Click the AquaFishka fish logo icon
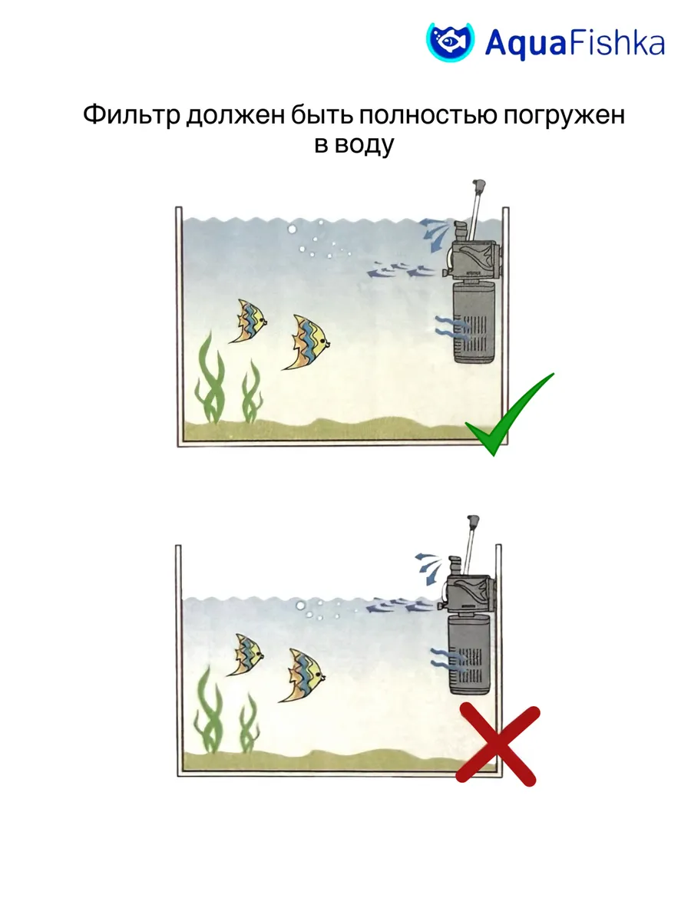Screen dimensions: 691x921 pos(450,42)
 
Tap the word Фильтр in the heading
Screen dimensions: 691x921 pos(131,114)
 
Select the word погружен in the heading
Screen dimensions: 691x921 pos(564,115)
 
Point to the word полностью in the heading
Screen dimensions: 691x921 pos(428,114)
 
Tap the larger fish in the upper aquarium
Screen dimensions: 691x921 pos(306,342)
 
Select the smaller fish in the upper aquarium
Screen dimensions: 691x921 pos(248,321)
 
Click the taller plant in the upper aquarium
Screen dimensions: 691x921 pos(210,378)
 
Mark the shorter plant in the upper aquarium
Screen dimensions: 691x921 pos(251,391)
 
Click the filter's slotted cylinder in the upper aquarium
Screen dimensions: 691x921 pos(474,322)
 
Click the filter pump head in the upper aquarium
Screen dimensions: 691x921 pos(471,259)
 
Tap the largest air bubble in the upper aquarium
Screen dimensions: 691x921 pos(292,229)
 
